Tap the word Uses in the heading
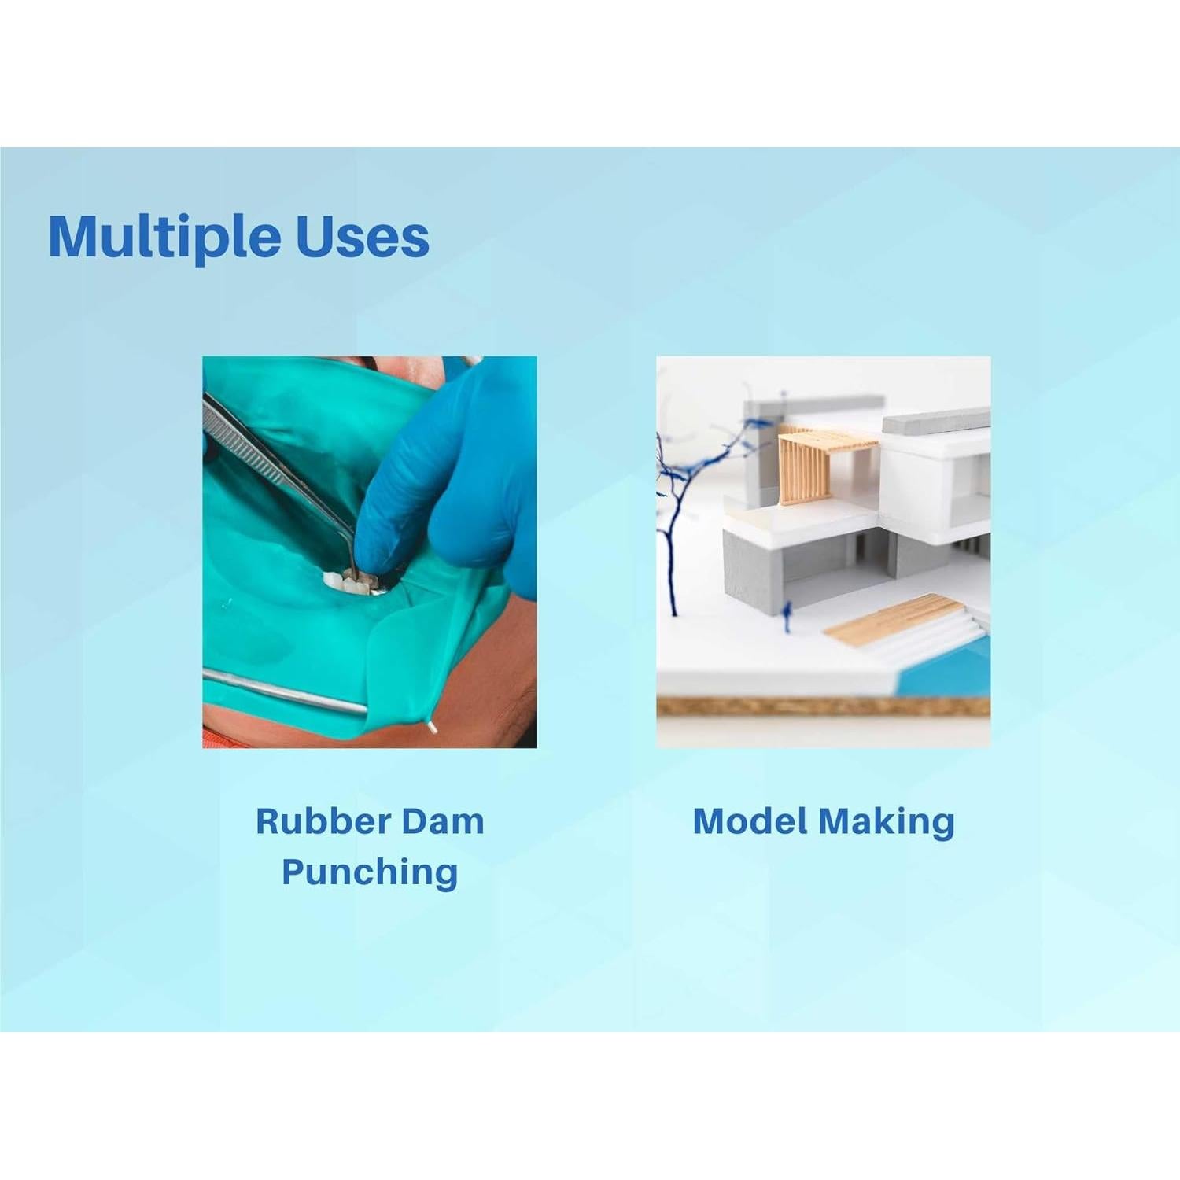click(x=363, y=236)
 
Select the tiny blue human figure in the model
click(x=787, y=618)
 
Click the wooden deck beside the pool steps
click(x=893, y=619)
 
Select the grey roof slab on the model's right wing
click(x=936, y=421)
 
